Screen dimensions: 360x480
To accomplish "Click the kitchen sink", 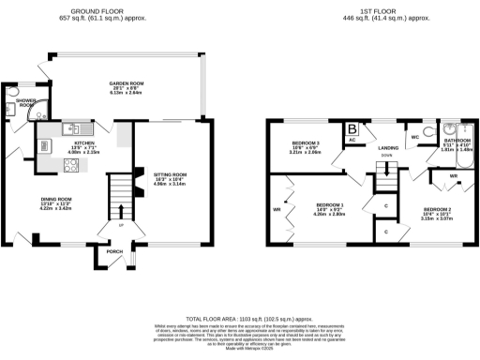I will tap(75, 127).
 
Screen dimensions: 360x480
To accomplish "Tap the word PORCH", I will tap(115, 251).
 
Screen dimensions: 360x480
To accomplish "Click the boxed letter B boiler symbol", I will tap(352, 129).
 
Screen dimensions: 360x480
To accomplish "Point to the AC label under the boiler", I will tap(352, 141).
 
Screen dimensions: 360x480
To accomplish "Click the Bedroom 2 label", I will tap(437, 211).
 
